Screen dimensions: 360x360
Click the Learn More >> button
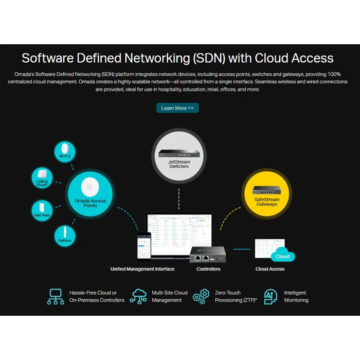(x=177, y=108)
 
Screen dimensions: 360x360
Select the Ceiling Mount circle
(x=42, y=178)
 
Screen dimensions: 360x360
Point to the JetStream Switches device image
(x=178, y=153)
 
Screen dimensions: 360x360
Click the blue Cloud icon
(x=282, y=256)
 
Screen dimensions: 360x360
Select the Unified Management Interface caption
(x=142, y=269)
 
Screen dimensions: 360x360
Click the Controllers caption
(x=208, y=269)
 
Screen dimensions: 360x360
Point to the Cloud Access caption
(x=270, y=269)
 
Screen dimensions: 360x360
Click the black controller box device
(x=208, y=254)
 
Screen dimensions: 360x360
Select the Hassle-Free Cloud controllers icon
(x=56, y=297)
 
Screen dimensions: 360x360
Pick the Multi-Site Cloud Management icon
(x=138, y=297)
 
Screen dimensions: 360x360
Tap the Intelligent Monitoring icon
(x=271, y=297)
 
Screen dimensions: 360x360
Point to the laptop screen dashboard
(x=179, y=231)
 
